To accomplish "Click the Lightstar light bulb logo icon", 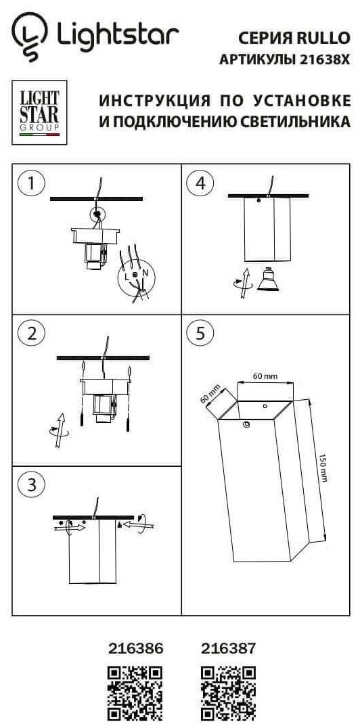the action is [30, 37].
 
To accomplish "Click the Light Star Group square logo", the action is [39, 112].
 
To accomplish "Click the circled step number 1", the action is [31, 183].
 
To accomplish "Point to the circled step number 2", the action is [31, 334].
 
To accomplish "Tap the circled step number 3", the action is [31, 485].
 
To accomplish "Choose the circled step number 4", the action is [200, 183].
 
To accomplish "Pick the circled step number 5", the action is [200, 334].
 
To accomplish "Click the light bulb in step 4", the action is [268, 279].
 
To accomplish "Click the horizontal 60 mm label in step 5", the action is [265, 376].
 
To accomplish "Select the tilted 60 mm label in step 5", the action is [210, 394].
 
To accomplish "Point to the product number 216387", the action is [228, 648].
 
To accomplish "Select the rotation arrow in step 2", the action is [58, 430].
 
